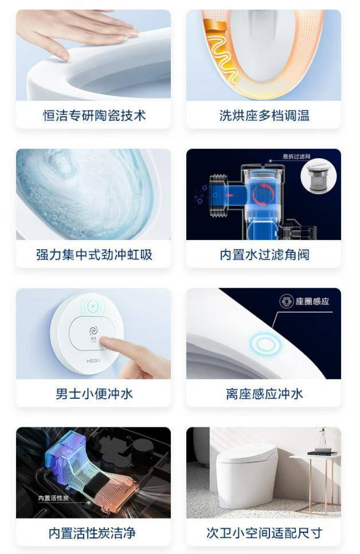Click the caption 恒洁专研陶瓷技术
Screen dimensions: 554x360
click(94, 116)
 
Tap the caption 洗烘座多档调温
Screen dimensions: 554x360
click(264, 116)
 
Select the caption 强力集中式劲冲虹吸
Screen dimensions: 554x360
click(94, 255)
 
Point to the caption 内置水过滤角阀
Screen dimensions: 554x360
click(264, 255)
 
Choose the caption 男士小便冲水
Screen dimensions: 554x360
click(94, 394)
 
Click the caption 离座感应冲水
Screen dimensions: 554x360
click(264, 394)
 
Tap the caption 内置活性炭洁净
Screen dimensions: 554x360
click(94, 533)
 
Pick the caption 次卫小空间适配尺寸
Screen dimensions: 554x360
click(264, 533)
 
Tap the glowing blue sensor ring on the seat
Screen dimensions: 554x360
click(265, 344)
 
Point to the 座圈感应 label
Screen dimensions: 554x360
click(312, 301)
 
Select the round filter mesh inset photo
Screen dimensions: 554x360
click(318, 177)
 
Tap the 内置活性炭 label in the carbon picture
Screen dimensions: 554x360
click(53, 498)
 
